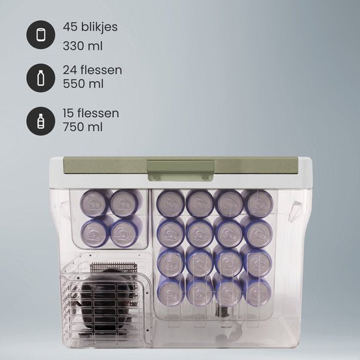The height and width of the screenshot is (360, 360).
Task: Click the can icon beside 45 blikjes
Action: point(41,35)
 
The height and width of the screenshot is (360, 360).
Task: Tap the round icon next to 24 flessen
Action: point(41,78)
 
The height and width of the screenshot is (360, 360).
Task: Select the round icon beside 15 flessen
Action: point(41,121)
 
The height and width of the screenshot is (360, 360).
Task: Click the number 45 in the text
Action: point(70,27)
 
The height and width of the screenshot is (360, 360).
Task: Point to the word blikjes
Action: point(99,27)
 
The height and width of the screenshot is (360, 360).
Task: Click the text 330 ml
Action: point(83,46)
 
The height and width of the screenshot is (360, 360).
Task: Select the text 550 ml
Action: point(83,84)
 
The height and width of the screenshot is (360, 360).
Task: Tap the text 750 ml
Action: point(83,127)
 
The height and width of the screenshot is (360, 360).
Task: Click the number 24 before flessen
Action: point(70,70)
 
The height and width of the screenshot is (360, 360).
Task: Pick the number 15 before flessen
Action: point(69,113)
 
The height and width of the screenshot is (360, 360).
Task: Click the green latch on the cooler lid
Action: point(181,170)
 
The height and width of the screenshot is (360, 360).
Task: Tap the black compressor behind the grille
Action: point(106,301)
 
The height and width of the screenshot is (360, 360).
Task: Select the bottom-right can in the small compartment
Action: point(124,232)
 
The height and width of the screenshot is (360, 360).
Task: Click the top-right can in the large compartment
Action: point(259,203)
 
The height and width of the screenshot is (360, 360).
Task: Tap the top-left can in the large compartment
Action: point(171,203)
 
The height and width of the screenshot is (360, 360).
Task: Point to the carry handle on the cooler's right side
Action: point(296,211)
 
